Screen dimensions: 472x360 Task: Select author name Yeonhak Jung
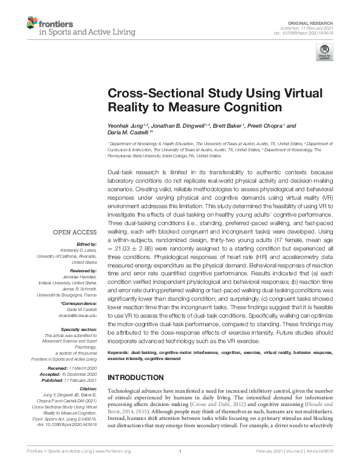(x=125, y=126)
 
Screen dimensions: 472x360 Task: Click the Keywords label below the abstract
(x=119, y=352)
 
